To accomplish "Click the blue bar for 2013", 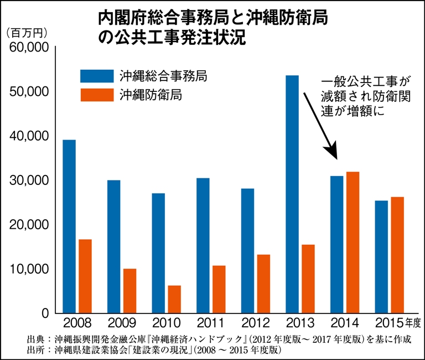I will [x=292, y=194].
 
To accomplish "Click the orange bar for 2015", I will [x=397, y=255].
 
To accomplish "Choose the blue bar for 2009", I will [x=113, y=246].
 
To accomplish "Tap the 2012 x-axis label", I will [x=255, y=323].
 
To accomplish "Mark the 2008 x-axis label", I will [x=77, y=323].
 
